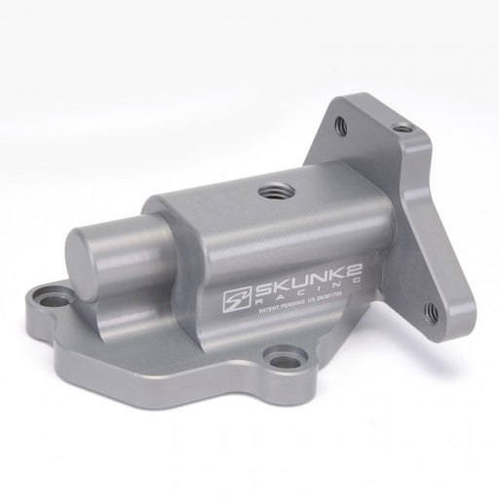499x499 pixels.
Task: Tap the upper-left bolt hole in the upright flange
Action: point(341,125)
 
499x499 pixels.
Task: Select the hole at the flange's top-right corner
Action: point(402,128)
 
